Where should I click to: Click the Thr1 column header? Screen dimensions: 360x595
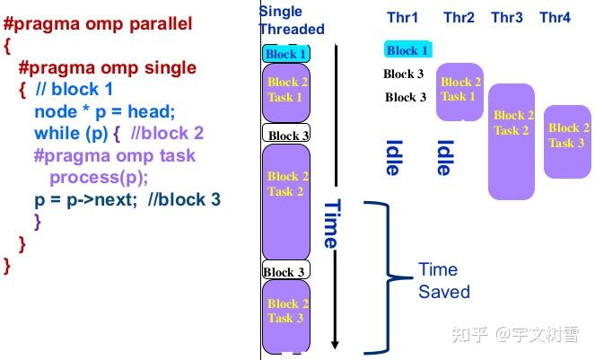[x=403, y=18]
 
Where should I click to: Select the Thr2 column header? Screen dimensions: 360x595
[x=459, y=18]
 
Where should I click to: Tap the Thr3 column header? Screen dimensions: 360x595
[x=507, y=18]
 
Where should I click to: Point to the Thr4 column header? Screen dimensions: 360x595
[x=555, y=18]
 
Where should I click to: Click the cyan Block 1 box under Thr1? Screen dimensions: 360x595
[x=407, y=50]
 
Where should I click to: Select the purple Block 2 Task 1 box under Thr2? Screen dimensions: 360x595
[x=460, y=91]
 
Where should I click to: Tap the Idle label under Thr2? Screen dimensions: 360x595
[x=443, y=157]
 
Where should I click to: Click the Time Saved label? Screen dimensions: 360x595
[x=443, y=280]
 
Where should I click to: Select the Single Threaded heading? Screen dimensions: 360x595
[x=292, y=20]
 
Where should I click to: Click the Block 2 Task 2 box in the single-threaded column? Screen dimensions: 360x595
[x=286, y=189]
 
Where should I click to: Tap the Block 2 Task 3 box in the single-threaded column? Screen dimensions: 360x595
[x=286, y=313]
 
